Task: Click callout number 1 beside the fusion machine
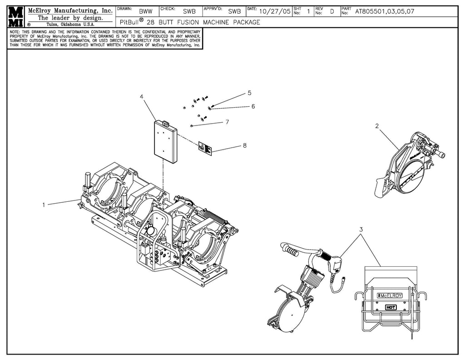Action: click(44, 205)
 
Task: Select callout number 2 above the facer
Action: click(377, 126)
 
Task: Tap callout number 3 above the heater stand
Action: click(361, 230)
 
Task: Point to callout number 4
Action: click(142, 97)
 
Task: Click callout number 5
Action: click(249, 93)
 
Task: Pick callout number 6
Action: click(253, 107)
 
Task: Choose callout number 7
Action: click(227, 122)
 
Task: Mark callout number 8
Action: click(245, 145)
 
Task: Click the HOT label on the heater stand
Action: click(391, 307)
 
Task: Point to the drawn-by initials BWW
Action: click(146, 12)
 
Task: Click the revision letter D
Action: click(332, 12)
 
